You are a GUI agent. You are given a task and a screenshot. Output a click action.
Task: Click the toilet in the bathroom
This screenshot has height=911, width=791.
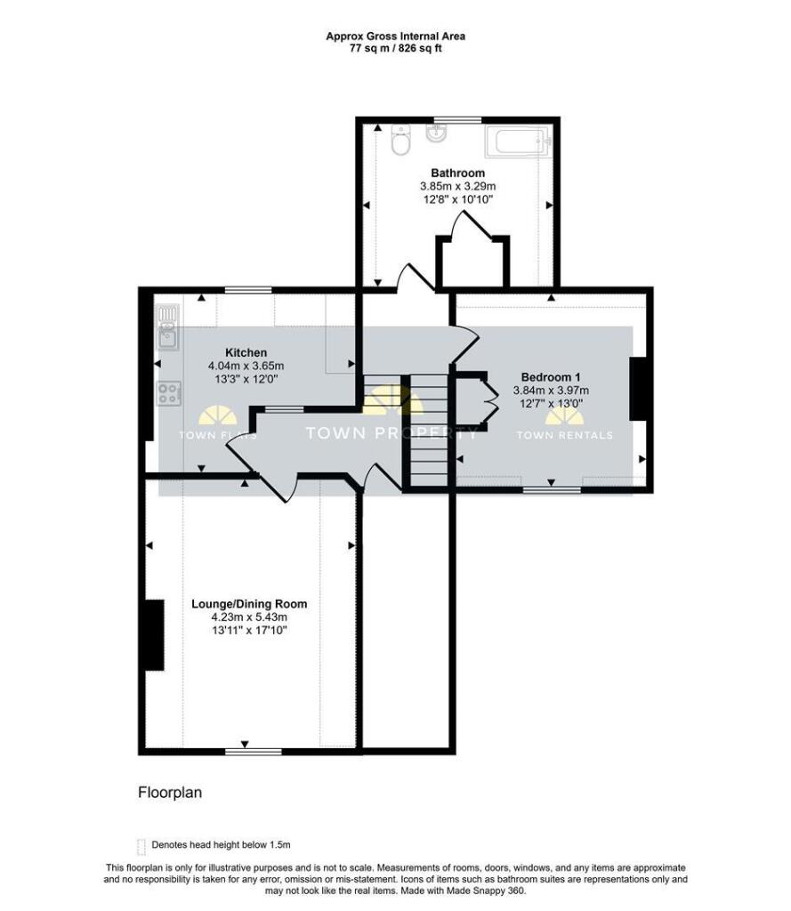coord(401,140)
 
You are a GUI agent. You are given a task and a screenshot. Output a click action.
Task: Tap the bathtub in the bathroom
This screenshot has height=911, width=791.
coord(517,141)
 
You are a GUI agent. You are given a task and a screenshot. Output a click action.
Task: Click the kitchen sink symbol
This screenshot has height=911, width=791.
coord(169,327)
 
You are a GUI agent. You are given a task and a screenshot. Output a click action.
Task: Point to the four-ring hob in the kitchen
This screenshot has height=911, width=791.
coord(169,393)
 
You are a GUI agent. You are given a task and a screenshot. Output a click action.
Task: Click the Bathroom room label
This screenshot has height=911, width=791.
coord(458,173)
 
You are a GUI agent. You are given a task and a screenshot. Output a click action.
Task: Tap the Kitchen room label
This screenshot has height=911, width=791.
coord(246,352)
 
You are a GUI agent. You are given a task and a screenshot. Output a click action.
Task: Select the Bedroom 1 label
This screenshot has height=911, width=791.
coord(551,377)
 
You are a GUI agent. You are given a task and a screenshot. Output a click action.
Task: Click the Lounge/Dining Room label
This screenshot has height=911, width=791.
coord(249,604)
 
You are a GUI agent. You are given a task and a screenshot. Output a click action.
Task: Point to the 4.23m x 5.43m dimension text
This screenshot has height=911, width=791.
coord(249,617)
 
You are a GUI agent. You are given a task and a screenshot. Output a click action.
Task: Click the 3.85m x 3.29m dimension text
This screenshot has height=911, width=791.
coord(458,187)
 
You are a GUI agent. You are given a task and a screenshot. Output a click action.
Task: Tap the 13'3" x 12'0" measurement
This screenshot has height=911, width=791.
coord(246,379)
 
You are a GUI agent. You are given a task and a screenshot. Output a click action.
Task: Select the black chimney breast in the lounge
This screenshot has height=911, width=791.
coord(155,635)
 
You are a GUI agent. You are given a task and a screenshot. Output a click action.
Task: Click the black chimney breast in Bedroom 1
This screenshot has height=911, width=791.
coord(638,388)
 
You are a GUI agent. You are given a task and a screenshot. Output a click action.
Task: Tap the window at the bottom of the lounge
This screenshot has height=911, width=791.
coord(254,752)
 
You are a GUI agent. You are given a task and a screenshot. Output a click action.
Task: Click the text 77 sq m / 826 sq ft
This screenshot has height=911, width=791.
coord(395,48)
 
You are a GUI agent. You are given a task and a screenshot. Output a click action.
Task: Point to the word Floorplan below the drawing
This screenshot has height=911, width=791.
coord(170,793)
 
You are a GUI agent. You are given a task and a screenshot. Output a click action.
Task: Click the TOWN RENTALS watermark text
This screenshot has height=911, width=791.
coord(564,435)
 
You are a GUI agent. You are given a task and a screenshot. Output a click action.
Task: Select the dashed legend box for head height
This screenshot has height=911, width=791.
coord(141,847)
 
